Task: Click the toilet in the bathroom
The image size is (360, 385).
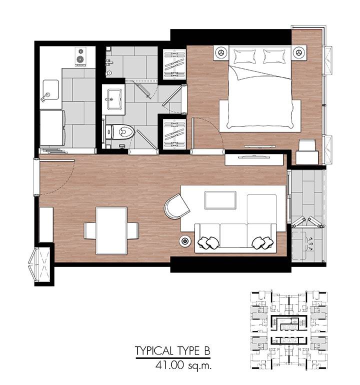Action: (x=120, y=132)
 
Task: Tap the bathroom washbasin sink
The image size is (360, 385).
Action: (x=114, y=99)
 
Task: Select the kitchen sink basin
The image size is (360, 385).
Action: (x=51, y=90)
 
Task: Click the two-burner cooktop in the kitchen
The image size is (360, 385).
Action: (x=80, y=56)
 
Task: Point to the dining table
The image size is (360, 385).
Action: (x=111, y=230)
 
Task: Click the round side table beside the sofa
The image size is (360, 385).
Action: (x=185, y=241)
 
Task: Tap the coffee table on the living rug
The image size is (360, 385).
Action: (x=220, y=200)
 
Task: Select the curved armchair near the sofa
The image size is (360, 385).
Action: (x=176, y=206)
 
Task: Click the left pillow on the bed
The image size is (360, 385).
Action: (x=244, y=56)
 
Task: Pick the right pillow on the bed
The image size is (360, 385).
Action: (x=274, y=56)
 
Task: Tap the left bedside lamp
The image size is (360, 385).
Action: (x=221, y=52)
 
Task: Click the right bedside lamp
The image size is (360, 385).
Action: (x=299, y=52)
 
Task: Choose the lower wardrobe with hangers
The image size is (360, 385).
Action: (x=174, y=134)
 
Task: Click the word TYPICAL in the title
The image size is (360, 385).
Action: (x=154, y=351)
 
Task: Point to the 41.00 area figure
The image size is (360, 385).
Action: (x=169, y=365)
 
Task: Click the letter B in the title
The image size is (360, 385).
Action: (x=207, y=351)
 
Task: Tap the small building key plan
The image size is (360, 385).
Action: (x=289, y=330)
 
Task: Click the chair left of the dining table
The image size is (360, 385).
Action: (x=90, y=230)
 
